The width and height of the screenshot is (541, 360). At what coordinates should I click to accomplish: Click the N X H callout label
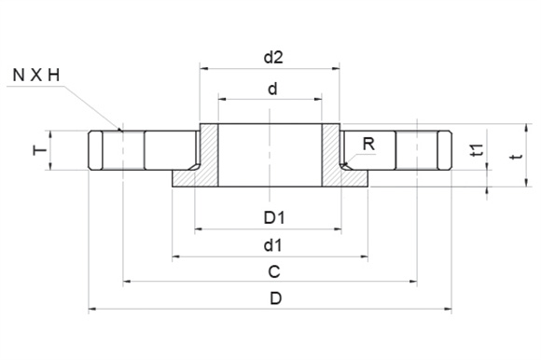(36, 76)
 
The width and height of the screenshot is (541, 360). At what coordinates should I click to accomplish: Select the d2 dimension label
(273, 57)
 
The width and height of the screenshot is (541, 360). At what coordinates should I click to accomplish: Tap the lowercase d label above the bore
(272, 89)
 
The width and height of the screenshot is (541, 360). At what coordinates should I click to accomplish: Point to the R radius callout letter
(368, 144)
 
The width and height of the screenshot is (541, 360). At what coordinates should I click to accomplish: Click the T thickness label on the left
(40, 150)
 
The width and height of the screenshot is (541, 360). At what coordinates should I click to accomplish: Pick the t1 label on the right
(478, 150)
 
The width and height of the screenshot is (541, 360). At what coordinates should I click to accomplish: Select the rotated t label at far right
(516, 157)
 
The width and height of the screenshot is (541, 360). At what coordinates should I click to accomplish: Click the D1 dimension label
(274, 218)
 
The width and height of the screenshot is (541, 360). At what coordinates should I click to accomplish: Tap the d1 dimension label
(273, 245)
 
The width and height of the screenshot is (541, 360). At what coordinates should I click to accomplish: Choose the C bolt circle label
(274, 272)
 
